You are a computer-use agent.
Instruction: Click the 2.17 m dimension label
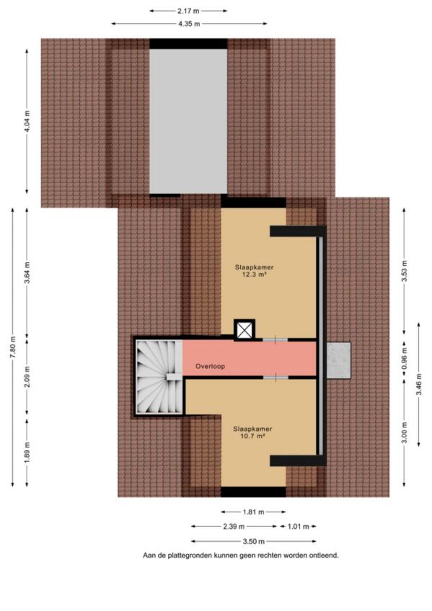click(189, 11)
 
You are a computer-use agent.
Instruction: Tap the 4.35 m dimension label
click(189, 24)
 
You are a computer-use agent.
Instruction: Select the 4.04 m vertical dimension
click(27, 121)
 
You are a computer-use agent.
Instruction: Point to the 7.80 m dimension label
click(13, 347)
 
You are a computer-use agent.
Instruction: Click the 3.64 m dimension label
click(27, 273)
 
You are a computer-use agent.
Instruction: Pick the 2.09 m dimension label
click(27, 378)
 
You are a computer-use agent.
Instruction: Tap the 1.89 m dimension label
click(27, 452)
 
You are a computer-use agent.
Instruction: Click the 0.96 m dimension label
click(405, 358)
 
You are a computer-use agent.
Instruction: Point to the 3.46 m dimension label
click(419, 384)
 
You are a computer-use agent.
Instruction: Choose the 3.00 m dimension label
click(405, 432)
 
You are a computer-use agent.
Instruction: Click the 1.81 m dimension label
click(253, 512)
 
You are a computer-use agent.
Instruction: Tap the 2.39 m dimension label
click(234, 527)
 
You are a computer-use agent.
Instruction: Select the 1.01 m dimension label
click(299, 527)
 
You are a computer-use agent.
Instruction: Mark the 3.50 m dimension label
click(253, 541)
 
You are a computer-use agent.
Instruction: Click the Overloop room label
click(210, 366)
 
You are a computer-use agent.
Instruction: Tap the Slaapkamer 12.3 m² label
click(254, 271)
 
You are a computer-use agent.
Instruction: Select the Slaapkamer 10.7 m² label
click(252, 432)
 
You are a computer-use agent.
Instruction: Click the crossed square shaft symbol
click(244, 331)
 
